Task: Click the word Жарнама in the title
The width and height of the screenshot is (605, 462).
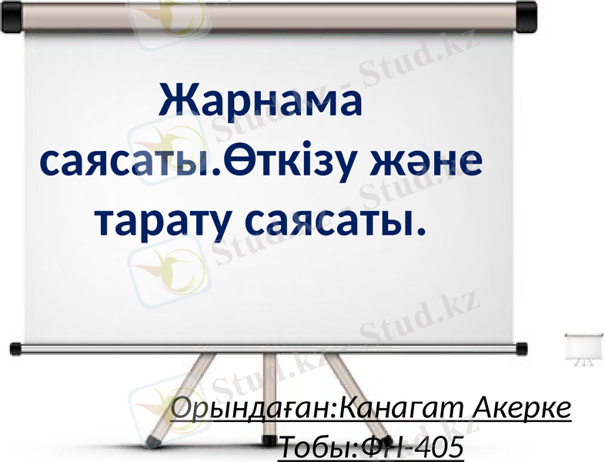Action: point(259,103)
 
